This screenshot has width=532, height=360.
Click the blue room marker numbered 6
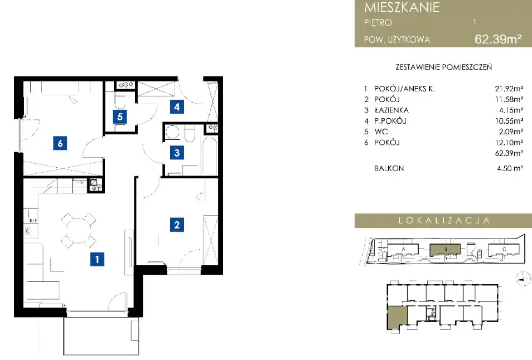(60, 143)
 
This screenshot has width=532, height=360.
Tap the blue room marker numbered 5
(120, 117)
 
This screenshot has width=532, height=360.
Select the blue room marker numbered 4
(177, 107)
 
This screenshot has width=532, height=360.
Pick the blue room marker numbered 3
(177, 153)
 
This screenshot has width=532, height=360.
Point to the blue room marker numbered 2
(177, 225)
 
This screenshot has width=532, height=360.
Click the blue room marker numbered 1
(98, 259)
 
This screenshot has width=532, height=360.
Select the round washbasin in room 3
(172, 133)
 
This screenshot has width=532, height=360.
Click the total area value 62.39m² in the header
(498, 40)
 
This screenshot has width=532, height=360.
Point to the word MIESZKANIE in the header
(402, 7)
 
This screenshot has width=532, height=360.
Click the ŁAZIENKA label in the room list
(391, 110)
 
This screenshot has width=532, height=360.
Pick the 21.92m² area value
(509, 89)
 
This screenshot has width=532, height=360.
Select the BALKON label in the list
(389, 168)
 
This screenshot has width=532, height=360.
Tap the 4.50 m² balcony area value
(510, 168)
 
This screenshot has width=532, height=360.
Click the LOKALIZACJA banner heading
(444, 221)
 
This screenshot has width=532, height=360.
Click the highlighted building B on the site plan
(445, 250)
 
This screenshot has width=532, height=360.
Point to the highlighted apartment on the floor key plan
(397, 317)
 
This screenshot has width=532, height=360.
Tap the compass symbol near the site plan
(523, 279)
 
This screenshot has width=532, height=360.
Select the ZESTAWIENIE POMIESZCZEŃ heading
(444, 67)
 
